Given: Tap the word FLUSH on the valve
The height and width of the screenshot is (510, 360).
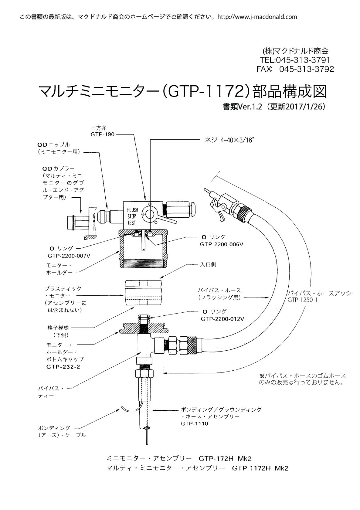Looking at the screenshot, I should (133, 210).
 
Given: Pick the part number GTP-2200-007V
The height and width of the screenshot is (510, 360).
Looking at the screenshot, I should (69, 255).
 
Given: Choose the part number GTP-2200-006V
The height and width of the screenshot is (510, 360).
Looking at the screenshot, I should (222, 244).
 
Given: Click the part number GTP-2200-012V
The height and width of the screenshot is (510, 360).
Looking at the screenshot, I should (222, 319).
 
